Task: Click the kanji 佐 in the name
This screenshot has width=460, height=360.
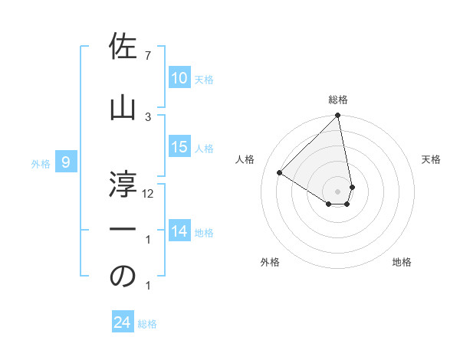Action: pyautogui.click(x=123, y=47)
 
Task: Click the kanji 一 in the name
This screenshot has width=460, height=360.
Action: pyautogui.click(x=123, y=229)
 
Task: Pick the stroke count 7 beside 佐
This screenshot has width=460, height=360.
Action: pyautogui.click(x=148, y=56)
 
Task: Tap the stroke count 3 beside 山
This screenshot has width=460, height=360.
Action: pyautogui.click(x=148, y=116)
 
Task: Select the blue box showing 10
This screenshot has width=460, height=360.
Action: pyautogui.click(x=179, y=78)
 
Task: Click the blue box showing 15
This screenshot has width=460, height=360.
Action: pyautogui.click(x=179, y=147)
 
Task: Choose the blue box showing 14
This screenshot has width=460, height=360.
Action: pyautogui.click(x=179, y=231)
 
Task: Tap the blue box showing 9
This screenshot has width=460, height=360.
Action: pyautogui.click(x=66, y=162)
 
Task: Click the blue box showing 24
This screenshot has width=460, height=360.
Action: pyautogui.click(x=122, y=322)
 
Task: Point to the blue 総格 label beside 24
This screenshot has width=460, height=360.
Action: pyautogui.click(x=148, y=324)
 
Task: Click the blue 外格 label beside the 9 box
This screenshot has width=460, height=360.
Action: pyautogui.click(x=41, y=163)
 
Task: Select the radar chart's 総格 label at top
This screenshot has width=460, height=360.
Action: pyautogui.click(x=337, y=100)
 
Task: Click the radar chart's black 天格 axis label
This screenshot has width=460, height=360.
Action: pyautogui.click(x=432, y=159)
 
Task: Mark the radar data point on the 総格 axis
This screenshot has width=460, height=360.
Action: pyautogui.click(x=337, y=116)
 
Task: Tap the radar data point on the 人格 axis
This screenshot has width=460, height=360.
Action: pyautogui.click(x=280, y=173)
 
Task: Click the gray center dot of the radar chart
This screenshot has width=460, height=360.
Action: pyautogui.click(x=337, y=191)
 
